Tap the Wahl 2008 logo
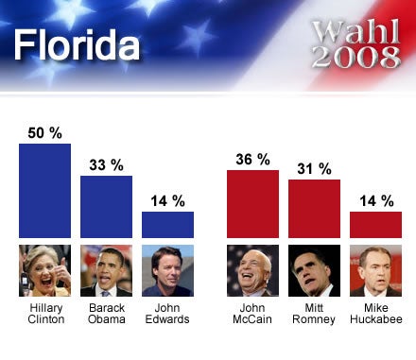click(x=355, y=44)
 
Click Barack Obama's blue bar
click(x=106, y=206)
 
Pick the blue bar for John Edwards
click(x=167, y=224)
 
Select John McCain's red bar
click(x=252, y=203)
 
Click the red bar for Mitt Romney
click(x=314, y=208)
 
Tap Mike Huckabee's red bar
click(x=375, y=224)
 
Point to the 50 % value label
click(x=45, y=130)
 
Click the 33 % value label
click(x=106, y=163)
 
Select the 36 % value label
click(x=252, y=158)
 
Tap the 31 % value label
click(x=314, y=168)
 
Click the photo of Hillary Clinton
click(x=44, y=271)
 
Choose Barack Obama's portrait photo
click(x=106, y=271)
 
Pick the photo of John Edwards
click(x=167, y=271)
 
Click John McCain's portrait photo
click(x=252, y=271)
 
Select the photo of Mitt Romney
click(x=314, y=271)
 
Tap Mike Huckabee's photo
click(x=375, y=271)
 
